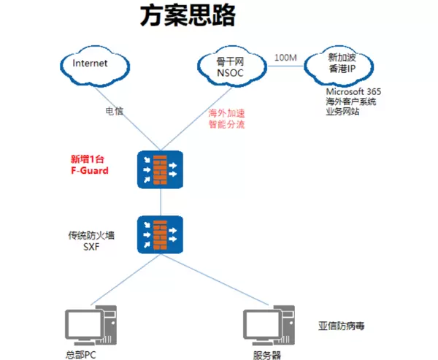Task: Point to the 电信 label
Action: coord(115,112)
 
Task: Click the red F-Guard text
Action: coord(88,170)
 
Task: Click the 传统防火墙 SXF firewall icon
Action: coord(160,234)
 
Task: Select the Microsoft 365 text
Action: coord(353,92)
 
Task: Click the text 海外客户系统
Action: coord(351,102)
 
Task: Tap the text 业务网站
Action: coord(342,112)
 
